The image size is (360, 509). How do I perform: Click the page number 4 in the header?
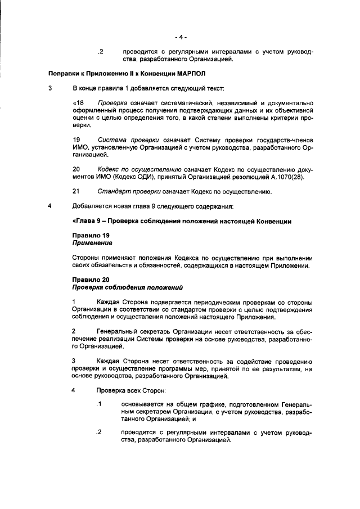tap(181, 37)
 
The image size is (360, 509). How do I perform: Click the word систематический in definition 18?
tap(190, 103)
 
